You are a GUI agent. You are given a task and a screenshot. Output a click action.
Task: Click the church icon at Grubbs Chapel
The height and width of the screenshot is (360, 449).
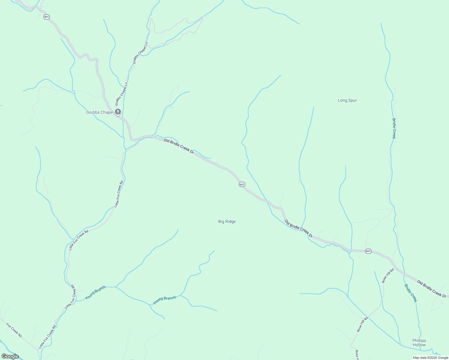118,112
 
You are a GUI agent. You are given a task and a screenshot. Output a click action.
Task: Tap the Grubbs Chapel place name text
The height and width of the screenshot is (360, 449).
100,112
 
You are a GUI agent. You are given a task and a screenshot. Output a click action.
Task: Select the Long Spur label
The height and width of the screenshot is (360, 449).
347,100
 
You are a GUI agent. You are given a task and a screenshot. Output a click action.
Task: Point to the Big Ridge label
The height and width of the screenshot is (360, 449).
227,221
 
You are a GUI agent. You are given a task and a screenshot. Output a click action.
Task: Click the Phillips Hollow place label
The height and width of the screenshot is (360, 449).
419,343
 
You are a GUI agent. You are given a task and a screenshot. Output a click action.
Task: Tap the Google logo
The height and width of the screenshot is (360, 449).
10,356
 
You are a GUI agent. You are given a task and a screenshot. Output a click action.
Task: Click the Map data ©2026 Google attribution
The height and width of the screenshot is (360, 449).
430,358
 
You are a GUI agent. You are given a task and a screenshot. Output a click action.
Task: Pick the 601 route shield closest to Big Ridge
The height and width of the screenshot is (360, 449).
242,184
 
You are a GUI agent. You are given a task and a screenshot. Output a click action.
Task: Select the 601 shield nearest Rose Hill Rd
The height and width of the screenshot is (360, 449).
368,251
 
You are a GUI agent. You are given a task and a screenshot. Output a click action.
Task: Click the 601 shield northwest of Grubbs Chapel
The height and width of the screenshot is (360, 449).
46,17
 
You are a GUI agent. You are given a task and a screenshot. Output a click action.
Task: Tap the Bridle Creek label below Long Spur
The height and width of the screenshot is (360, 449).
394,128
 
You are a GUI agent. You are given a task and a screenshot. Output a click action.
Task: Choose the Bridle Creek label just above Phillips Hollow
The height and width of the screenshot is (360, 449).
411,293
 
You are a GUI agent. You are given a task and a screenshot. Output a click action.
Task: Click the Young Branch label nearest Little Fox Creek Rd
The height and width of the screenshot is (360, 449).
95,292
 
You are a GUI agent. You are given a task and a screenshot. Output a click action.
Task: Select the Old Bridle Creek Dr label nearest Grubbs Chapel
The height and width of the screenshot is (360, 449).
179,146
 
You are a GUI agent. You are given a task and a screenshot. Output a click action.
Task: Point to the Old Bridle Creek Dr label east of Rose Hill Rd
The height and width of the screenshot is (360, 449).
432,288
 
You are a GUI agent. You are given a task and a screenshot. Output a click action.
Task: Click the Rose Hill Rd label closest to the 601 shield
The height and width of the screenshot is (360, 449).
388,275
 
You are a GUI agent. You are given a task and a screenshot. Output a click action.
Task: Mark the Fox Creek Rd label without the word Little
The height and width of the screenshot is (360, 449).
14,330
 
